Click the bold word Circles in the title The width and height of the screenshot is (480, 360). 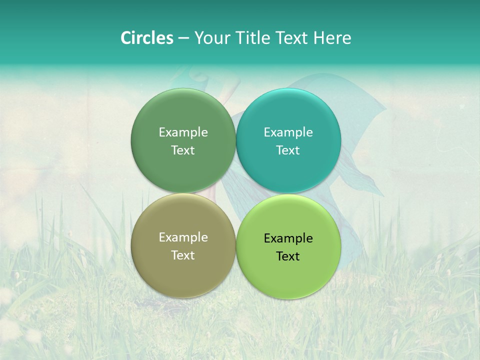click(146, 38)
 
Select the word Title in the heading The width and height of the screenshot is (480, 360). click(252, 38)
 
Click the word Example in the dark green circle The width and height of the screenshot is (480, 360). click(183, 132)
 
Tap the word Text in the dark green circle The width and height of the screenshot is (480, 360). click(183, 150)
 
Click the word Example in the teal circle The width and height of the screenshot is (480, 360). click(288, 132)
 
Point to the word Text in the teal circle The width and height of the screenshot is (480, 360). click(288, 150)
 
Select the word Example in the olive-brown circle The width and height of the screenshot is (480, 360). click(183, 237)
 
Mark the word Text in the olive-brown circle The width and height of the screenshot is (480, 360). click(183, 255)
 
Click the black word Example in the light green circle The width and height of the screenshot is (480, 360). click(288, 238)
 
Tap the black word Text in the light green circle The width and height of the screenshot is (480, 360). click(288, 256)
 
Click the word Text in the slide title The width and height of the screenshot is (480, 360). click(292, 38)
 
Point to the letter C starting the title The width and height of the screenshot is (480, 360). click(126, 38)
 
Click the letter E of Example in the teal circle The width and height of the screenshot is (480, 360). click(267, 132)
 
